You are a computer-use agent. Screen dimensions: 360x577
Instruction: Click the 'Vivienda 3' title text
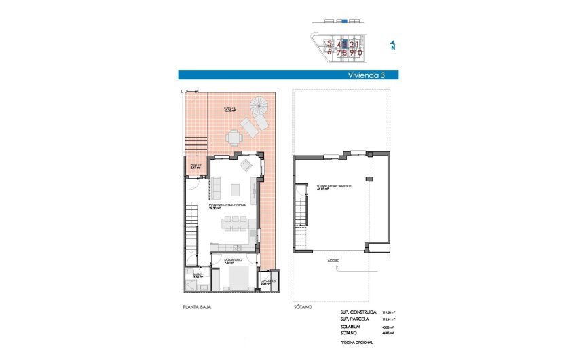367,75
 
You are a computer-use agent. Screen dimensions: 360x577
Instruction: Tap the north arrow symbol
392,46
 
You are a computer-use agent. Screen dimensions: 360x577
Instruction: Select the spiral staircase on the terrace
259,107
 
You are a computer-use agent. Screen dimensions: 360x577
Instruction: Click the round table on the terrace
234,138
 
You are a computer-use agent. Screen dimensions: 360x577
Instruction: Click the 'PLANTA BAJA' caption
196,308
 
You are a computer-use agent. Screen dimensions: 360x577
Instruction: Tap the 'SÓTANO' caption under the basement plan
303,308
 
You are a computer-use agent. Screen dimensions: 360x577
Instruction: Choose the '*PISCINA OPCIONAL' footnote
357,344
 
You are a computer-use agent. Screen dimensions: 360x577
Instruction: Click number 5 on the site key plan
329,44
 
